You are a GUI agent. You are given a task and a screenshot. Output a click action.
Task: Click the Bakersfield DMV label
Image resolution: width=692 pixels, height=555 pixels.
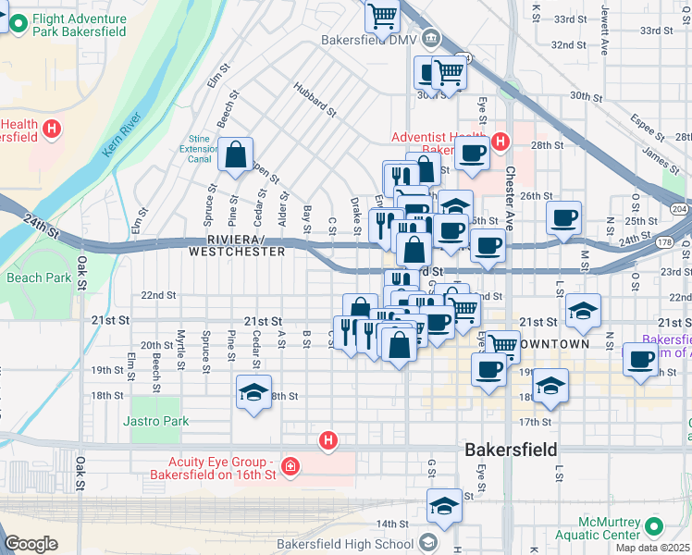(x=369, y=40)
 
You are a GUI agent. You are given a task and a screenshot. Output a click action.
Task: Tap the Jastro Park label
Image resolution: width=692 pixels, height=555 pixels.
(x=155, y=421)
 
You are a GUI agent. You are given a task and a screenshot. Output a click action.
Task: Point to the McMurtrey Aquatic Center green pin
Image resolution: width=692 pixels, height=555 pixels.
(x=655, y=527)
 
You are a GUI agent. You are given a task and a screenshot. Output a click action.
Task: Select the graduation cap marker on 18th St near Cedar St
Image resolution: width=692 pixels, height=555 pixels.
(x=254, y=392)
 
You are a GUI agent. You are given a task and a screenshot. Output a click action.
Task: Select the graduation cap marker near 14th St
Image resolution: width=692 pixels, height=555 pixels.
(x=445, y=506)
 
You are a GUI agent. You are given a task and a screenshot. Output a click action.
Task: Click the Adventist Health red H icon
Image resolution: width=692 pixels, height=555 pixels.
(x=500, y=142)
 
